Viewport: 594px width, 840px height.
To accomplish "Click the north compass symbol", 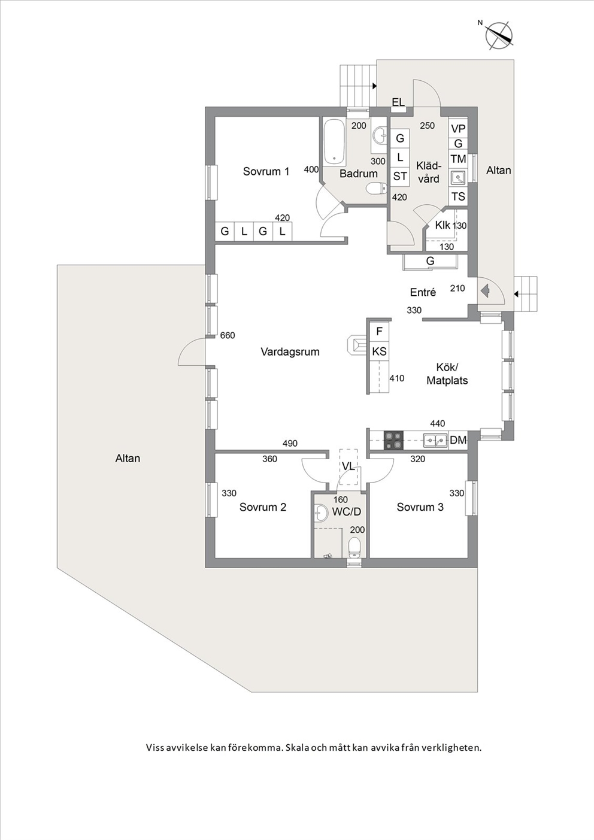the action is tap(499, 36).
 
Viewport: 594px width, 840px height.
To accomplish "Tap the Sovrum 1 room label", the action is tap(266, 171).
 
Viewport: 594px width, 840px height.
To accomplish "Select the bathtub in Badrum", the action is tap(334, 142).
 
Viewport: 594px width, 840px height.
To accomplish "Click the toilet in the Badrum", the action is tap(377, 188).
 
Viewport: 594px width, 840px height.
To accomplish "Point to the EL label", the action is tap(398, 102).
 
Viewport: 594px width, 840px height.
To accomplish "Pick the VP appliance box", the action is tap(458, 129).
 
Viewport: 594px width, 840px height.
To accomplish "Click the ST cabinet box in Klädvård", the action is tap(400, 175).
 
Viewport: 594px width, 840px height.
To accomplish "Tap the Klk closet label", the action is tap(443, 225).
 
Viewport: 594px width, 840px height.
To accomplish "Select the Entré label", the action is tap(423, 292).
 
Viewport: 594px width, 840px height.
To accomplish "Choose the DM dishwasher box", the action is tap(458, 440).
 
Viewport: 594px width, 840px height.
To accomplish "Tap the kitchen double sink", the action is tap(435, 440).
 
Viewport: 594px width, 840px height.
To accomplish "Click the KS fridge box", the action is tap(380, 351).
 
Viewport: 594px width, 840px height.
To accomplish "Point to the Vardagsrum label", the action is tap(290, 352).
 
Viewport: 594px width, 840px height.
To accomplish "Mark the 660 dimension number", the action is tap(228, 335).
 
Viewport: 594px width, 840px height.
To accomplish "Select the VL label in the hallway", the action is tap(348, 466).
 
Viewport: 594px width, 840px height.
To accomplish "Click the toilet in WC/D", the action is tap(354, 548).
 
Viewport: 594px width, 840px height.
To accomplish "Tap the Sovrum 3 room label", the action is tap(420, 507).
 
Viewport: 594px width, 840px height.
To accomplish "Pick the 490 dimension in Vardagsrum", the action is tap(290, 443).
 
